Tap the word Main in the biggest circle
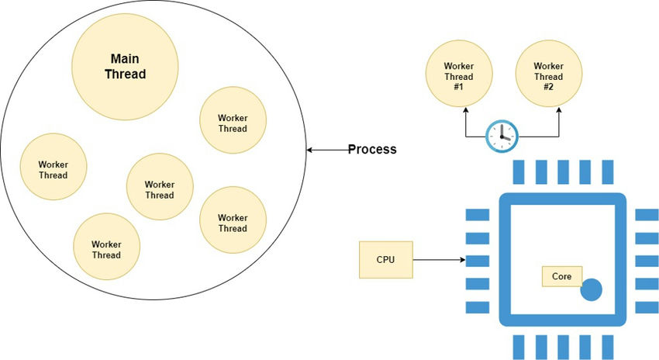point(125,59)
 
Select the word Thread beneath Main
point(125,74)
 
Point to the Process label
point(372,149)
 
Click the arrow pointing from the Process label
point(326,149)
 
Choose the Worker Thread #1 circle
point(459,76)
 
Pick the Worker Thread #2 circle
point(548,76)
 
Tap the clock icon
point(502,137)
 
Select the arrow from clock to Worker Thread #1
point(466,124)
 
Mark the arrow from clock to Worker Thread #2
point(559,124)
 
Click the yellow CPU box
point(385,259)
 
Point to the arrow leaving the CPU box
point(438,259)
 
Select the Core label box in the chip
point(561,276)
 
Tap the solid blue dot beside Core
point(591,290)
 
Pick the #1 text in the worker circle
point(459,88)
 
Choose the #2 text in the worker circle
point(548,88)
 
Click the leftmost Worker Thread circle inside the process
point(53,168)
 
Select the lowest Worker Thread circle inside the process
point(106,248)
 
